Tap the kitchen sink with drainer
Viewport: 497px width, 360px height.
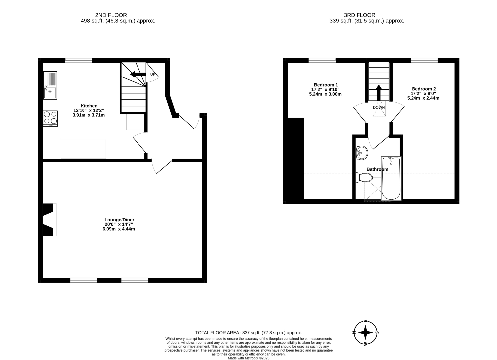pyautogui.click(x=50, y=85)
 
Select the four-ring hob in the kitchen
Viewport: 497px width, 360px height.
pyautogui.click(x=50, y=119)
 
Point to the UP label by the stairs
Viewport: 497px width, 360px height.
pyautogui.click(x=153, y=74)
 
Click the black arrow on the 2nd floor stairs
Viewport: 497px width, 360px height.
pyautogui.click(x=138, y=74)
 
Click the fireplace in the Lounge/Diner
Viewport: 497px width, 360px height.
pyautogui.click(x=49, y=220)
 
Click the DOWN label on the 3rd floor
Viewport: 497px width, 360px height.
pyautogui.click(x=379, y=107)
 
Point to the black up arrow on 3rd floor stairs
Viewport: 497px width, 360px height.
pyautogui.click(x=379, y=93)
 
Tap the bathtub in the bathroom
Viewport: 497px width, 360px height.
pyautogui.click(x=391, y=179)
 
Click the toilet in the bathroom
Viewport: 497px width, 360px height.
pyautogui.click(x=364, y=178)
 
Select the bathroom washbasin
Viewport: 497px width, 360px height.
pyautogui.click(x=362, y=153)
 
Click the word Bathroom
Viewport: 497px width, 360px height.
pyautogui.click(x=377, y=169)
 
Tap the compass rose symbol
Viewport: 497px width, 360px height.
pyautogui.click(x=366, y=332)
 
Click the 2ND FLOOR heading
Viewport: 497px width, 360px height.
pyautogui.click(x=111, y=15)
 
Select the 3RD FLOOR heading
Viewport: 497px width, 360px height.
pyautogui.click(x=359, y=15)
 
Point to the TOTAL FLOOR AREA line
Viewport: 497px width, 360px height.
pyautogui.click(x=248, y=333)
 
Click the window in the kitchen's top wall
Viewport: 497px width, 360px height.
pyautogui.click(x=79, y=60)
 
